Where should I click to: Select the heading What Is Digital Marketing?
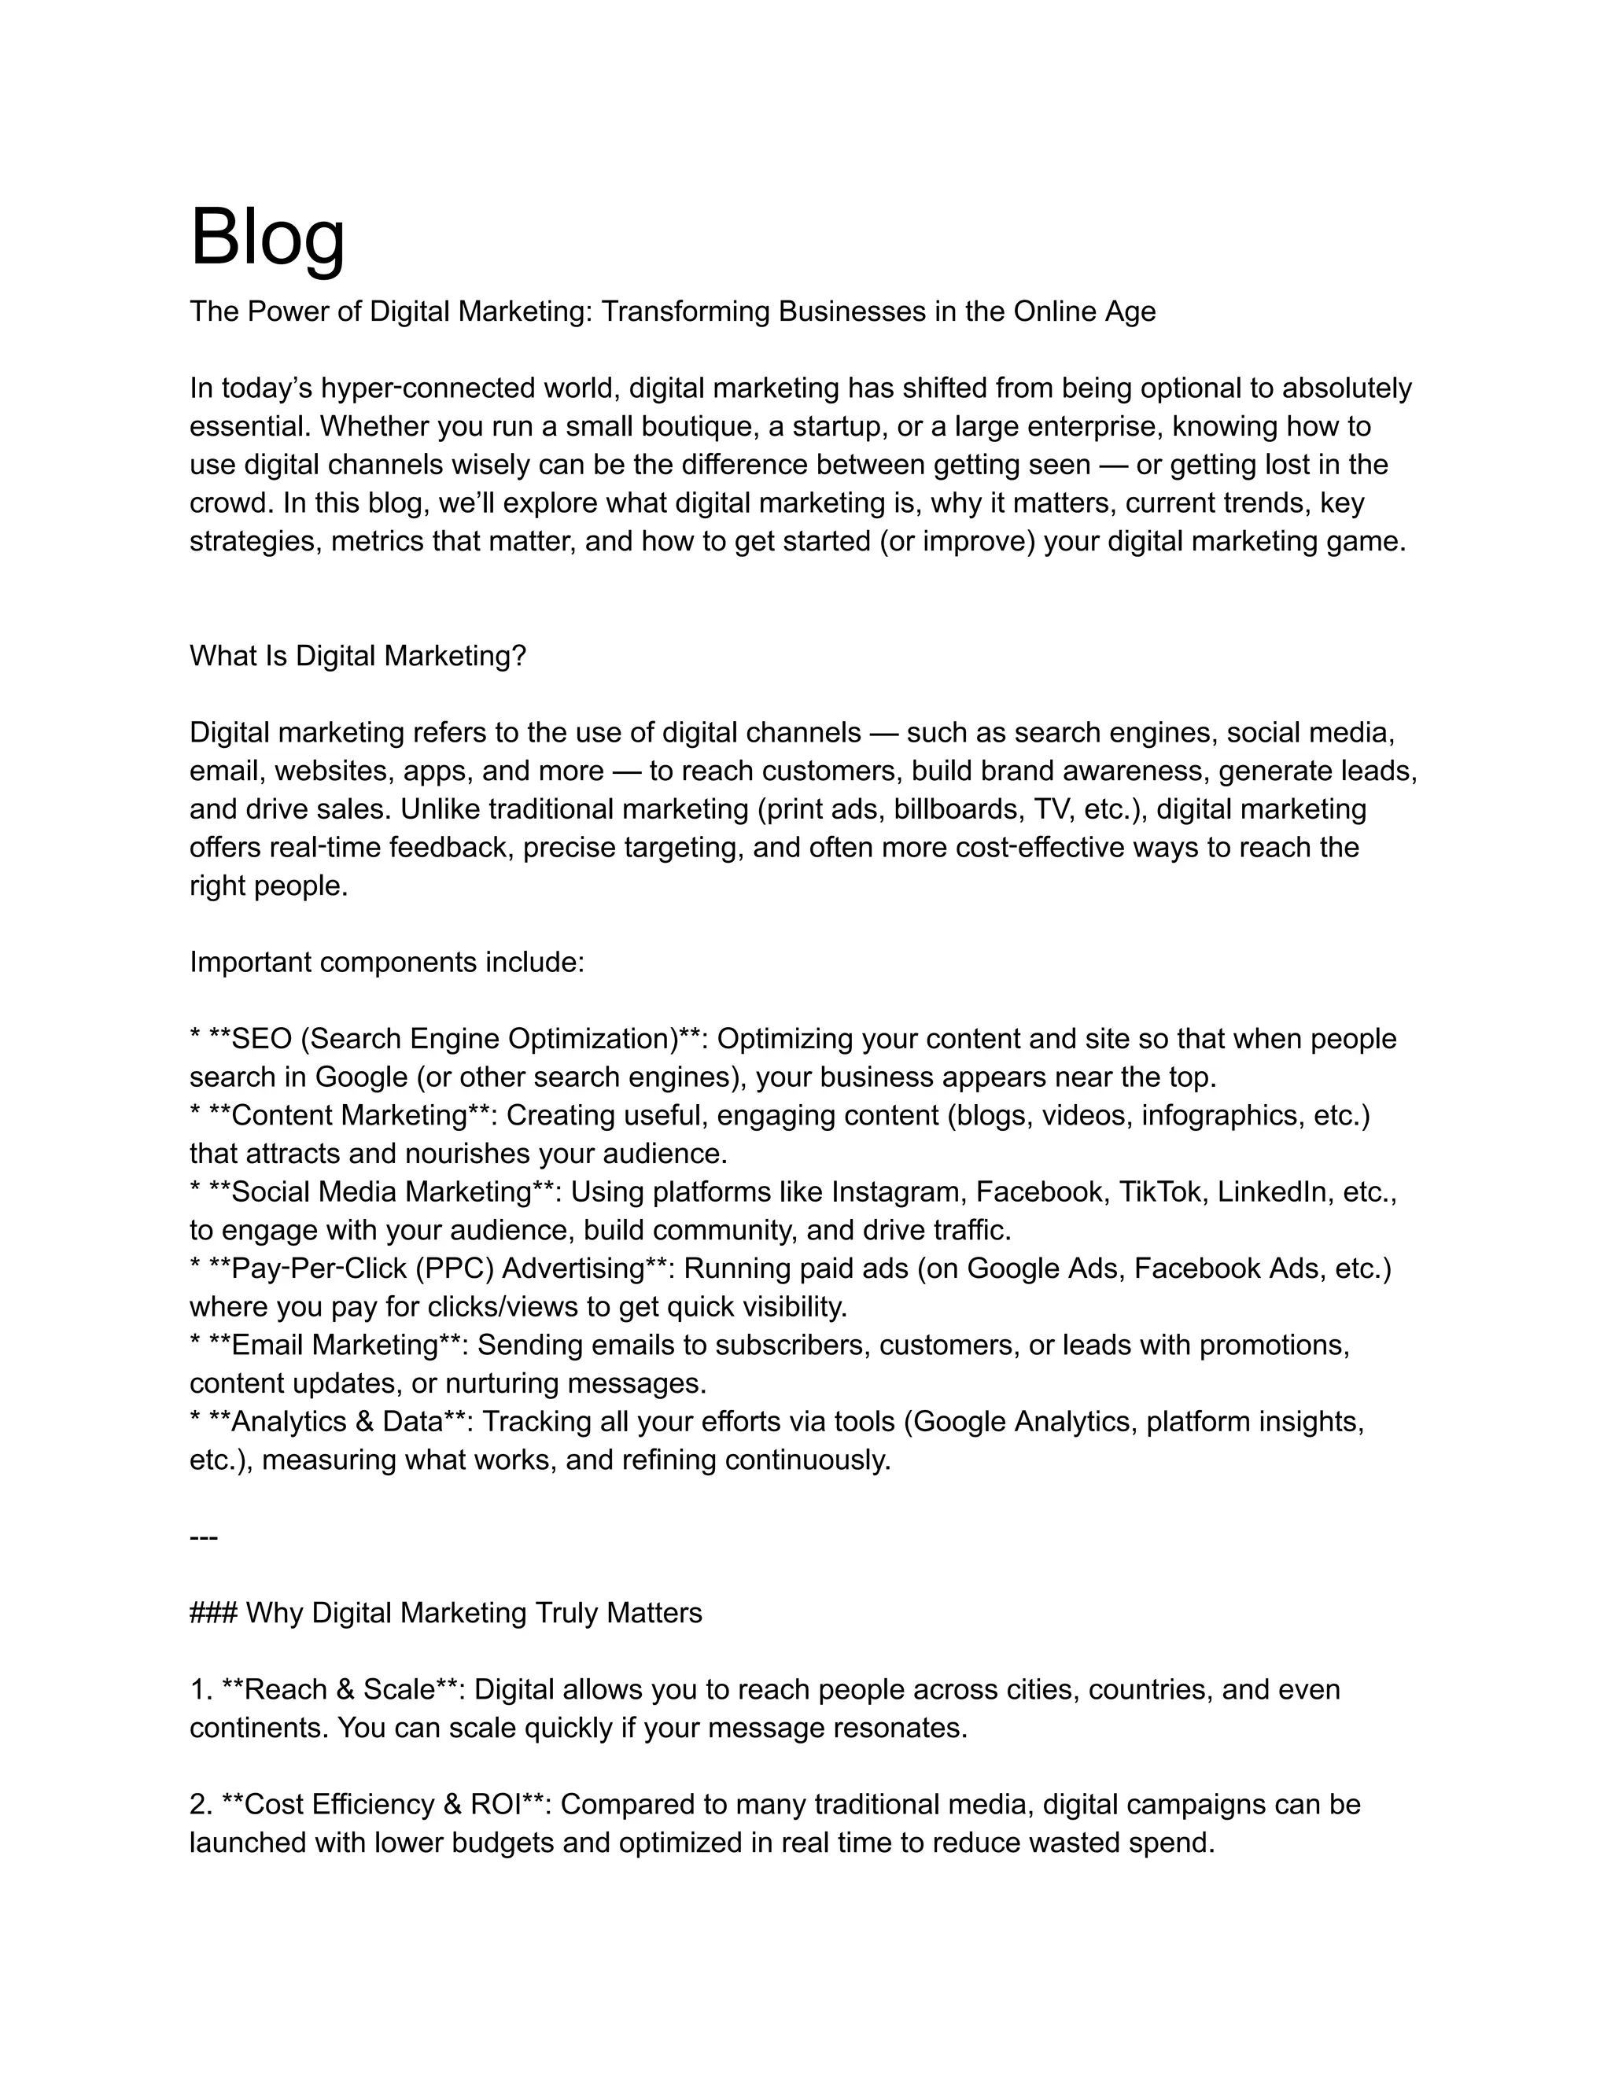(358, 657)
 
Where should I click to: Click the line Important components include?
(386, 962)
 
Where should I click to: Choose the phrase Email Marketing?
(334, 1346)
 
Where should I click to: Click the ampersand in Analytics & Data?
(363, 1422)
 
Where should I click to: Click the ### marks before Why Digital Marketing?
(213, 1614)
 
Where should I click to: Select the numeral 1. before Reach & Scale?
(201, 1690)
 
